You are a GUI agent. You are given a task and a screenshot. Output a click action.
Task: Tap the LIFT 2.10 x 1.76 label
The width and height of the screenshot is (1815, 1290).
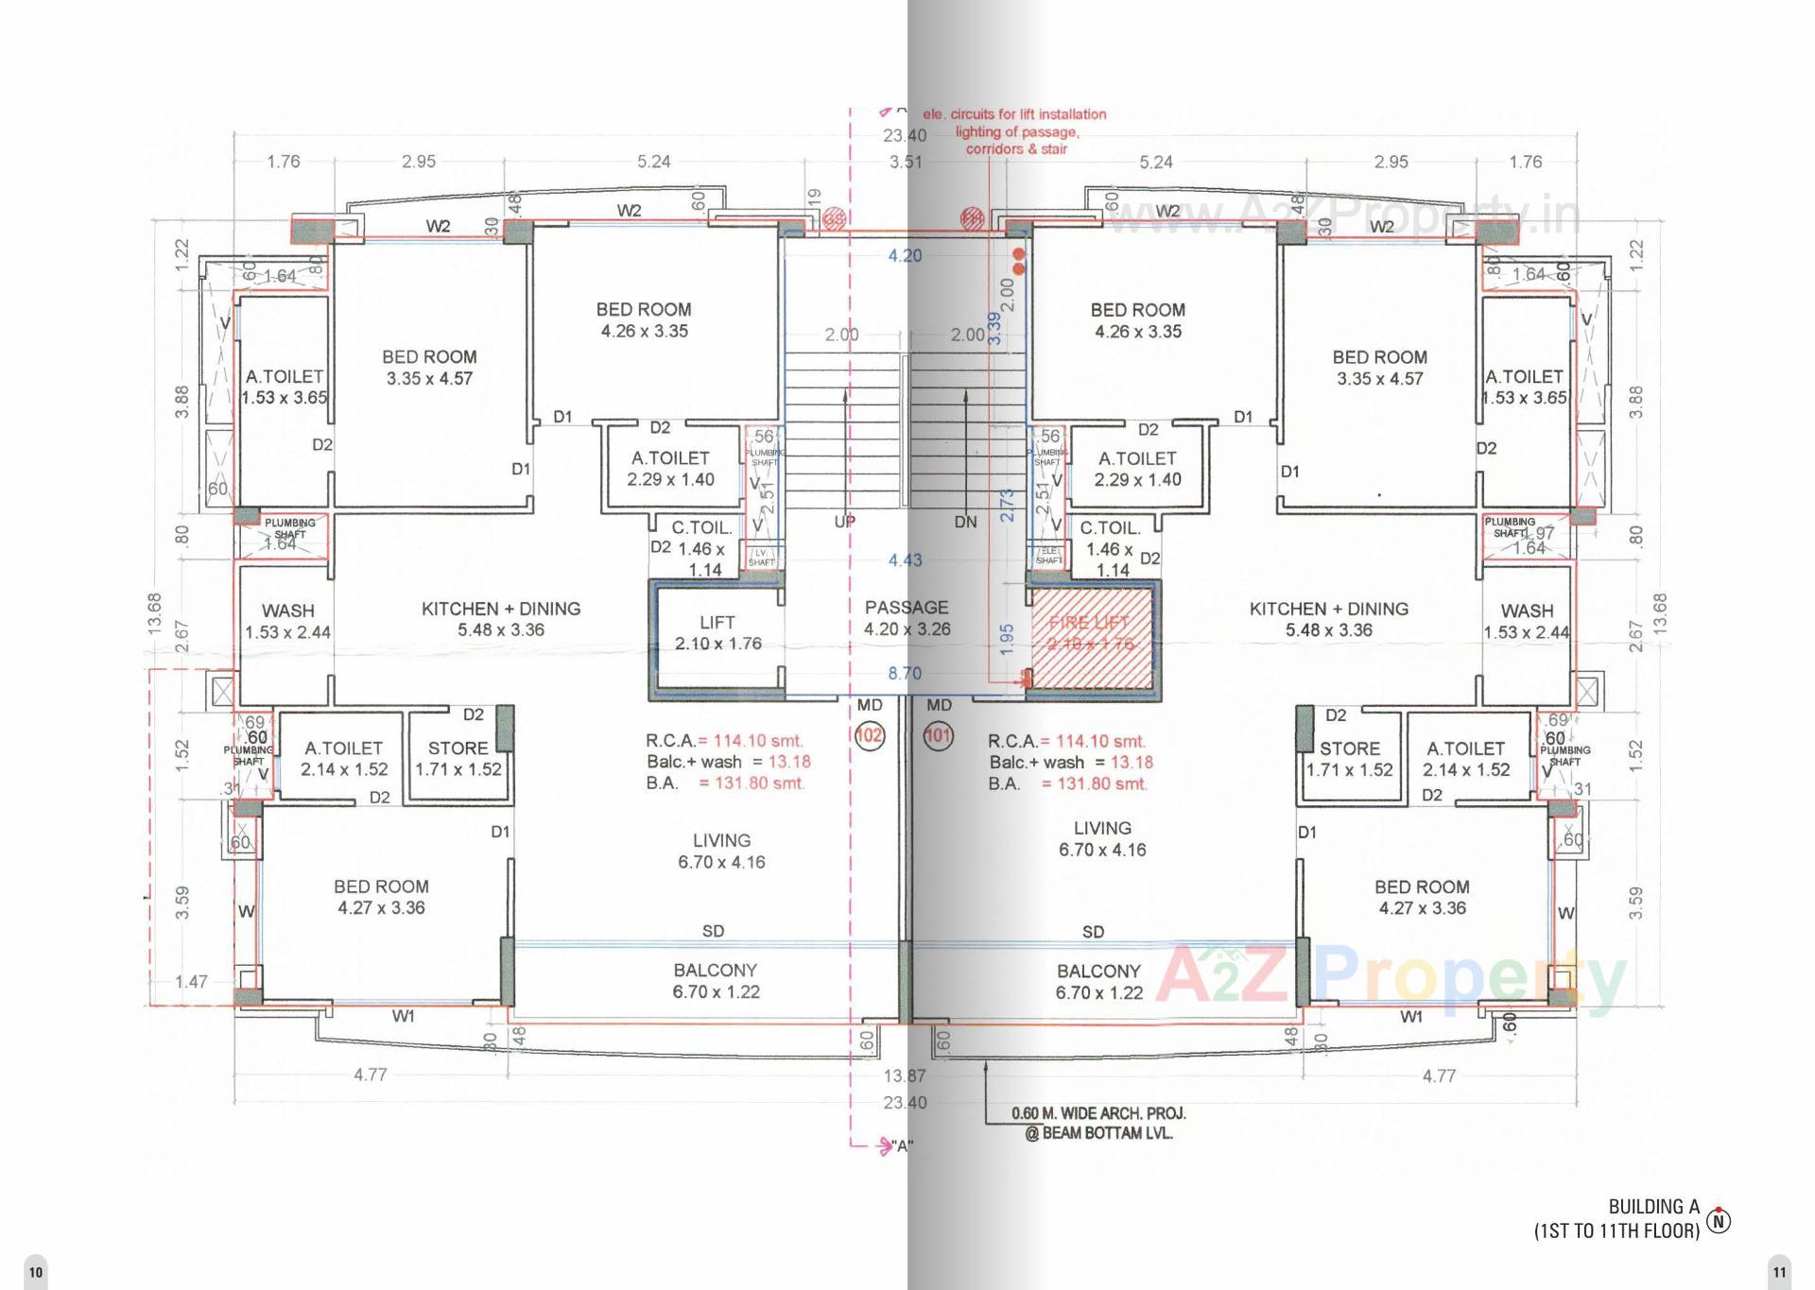pyautogui.click(x=717, y=633)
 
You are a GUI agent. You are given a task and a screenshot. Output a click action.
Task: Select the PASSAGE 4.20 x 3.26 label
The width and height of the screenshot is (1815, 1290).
pyautogui.click(x=906, y=618)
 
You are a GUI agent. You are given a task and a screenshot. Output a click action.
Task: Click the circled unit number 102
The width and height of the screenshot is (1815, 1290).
pyautogui.click(x=869, y=735)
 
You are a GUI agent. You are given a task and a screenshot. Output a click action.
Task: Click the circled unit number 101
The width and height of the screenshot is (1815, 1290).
pyautogui.click(x=938, y=735)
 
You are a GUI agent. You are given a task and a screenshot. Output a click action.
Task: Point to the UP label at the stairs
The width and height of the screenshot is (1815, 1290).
pyautogui.click(x=844, y=522)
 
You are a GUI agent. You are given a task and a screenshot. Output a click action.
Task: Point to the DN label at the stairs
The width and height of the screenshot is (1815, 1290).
pyautogui.click(x=965, y=522)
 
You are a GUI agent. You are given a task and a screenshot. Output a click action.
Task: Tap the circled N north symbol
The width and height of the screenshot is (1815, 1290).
pyautogui.click(x=1720, y=1220)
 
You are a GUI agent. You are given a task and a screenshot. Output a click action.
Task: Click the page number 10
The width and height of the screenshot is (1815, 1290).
pyautogui.click(x=35, y=1272)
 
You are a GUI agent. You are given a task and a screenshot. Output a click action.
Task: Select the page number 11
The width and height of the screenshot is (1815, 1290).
pyautogui.click(x=1780, y=1272)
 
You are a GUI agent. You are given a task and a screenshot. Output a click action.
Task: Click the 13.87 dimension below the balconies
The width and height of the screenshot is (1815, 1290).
pyautogui.click(x=905, y=1075)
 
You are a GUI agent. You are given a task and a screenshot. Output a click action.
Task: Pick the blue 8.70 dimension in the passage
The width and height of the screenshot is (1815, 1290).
pyautogui.click(x=905, y=673)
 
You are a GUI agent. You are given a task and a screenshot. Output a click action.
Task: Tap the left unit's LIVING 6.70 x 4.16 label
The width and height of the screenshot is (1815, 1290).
pyautogui.click(x=721, y=851)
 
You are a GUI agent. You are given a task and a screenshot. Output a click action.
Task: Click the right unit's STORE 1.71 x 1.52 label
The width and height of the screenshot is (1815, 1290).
pyautogui.click(x=1349, y=759)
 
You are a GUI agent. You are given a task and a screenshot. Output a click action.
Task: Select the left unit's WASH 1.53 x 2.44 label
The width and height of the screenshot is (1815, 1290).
pyautogui.click(x=287, y=621)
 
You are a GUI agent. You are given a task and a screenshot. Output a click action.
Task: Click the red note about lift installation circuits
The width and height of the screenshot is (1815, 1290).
pyautogui.click(x=1015, y=131)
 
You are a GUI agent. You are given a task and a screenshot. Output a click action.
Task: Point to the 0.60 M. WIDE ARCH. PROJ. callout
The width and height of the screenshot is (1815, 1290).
pyautogui.click(x=1098, y=1123)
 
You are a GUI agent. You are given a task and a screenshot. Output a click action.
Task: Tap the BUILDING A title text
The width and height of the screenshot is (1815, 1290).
pyautogui.click(x=1653, y=1207)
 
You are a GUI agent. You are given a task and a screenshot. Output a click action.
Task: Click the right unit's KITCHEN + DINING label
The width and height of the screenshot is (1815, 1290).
pyautogui.click(x=1328, y=619)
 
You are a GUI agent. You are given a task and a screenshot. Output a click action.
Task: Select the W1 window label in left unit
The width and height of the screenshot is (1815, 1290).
pyautogui.click(x=404, y=1017)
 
